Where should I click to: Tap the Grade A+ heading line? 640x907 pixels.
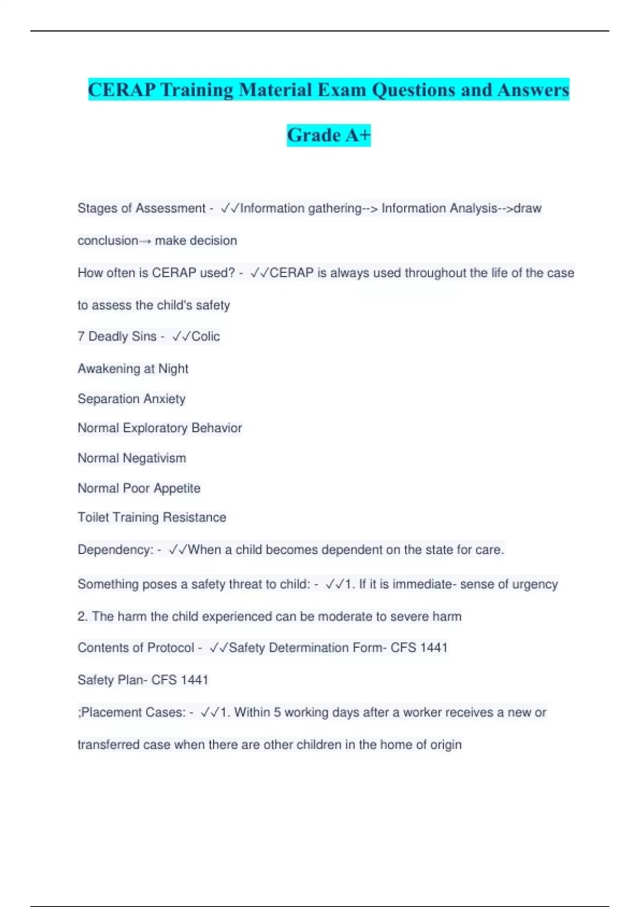coord(329,135)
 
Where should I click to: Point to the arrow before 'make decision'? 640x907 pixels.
coord(145,241)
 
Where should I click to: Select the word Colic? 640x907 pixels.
coord(205,337)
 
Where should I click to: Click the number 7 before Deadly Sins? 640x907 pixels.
coord(81,337)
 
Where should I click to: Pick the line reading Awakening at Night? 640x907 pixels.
coord(133,369)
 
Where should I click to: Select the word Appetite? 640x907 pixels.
coord(177,488)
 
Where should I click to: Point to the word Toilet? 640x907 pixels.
coord(93,518)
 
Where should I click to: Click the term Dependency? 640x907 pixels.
coord(116,550)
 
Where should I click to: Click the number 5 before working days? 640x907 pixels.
coord(277,712)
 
